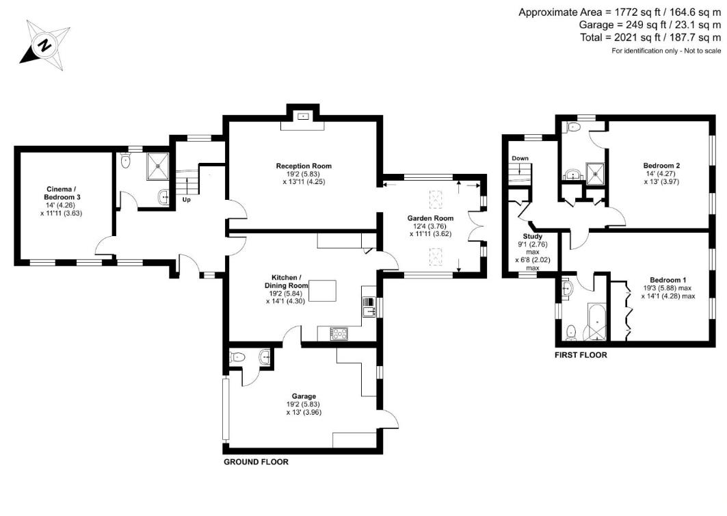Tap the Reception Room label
(x=304, y=166)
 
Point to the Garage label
(x=304, y=396)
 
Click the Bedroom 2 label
(x=661, y=166)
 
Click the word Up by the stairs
(x=186, y=200)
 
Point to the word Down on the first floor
(x=520, y=159)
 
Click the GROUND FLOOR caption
(x=256, y=462)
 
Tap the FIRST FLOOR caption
(x=581, y=355)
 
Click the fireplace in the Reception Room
(x=302, y=116)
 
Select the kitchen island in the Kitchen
(x=326, y=290)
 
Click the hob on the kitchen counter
(x=340, y=333)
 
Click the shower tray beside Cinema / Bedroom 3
(x=161, y=165)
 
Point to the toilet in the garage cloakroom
(x=237, y=357)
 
